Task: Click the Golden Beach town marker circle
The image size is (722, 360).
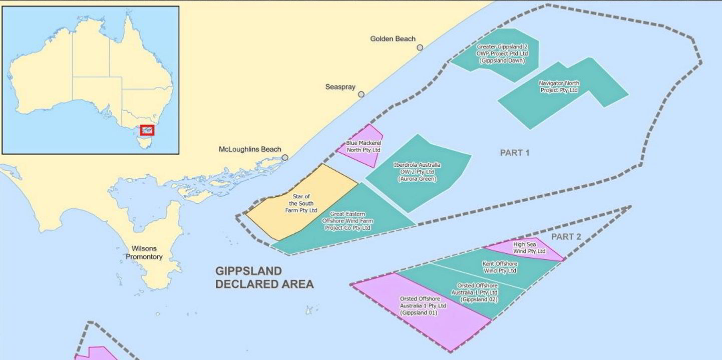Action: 420,48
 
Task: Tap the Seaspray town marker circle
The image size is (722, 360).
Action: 361,94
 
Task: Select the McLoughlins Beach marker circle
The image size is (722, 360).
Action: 285,157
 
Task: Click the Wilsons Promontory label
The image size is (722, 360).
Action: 144,252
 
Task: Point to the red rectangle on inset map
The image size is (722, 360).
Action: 147,130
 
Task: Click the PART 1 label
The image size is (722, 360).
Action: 515,153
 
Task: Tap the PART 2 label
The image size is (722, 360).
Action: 566,236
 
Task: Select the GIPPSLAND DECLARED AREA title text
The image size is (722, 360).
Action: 264,277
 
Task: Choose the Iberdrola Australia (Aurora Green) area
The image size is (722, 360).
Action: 417,172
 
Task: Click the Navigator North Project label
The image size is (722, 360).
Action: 559,87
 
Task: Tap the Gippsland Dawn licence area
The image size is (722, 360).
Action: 502,54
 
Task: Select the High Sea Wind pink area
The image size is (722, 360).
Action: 525,248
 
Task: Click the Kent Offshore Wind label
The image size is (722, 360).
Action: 500,267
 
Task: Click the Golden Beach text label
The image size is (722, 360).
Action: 393,39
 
